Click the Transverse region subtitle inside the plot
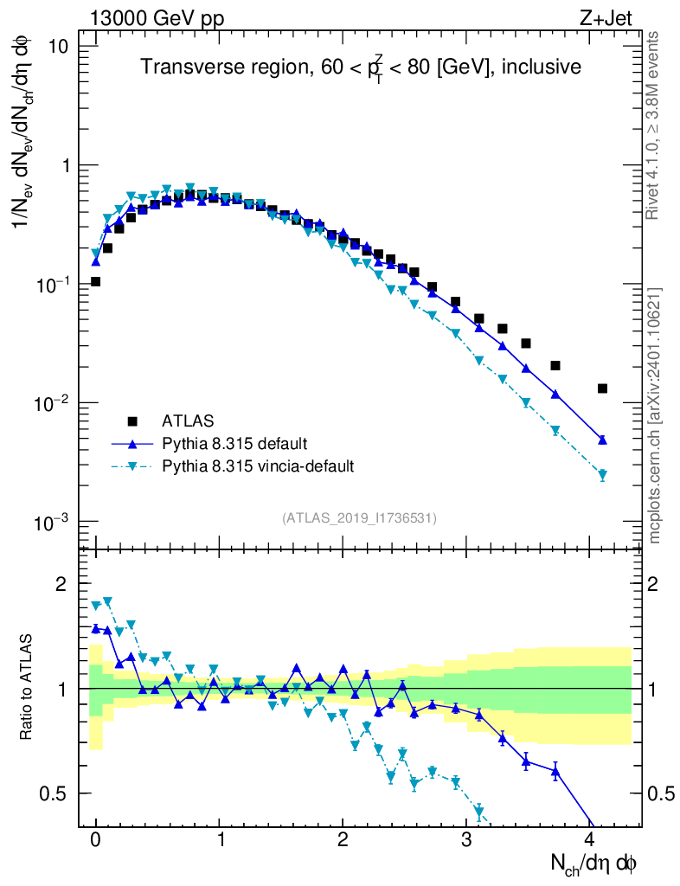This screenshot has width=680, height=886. (361, 67)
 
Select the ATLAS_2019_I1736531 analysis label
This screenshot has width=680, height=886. (359, 518)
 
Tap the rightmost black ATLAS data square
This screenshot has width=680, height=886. (602, 388)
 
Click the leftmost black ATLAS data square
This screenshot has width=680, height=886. (95, 281)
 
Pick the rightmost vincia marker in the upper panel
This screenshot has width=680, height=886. (602, 474)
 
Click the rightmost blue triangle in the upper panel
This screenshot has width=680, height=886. (602, 440)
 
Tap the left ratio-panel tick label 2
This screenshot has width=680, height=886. (61, 584)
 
